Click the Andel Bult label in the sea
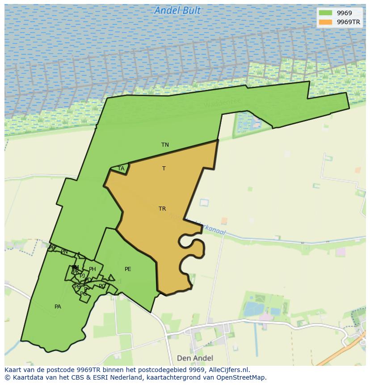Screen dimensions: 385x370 [x=177, y=11]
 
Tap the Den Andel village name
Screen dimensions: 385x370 [x=195, y=358]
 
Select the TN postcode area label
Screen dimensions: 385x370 [x=165, y=144]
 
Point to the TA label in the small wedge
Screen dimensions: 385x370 [x=121, y=169]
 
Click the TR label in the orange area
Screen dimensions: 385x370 [x=162, y=209]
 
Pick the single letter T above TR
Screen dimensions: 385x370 [x=164, y=169]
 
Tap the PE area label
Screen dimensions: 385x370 [x=128, y=269]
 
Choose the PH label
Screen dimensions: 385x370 [x=92, y=269]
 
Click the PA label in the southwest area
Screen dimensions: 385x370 [x=58, y=307]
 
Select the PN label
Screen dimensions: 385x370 [x=64, y=252]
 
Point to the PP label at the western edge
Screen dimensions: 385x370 [x=52, y=247]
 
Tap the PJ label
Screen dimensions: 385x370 [x=82, y=276]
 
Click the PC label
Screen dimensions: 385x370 [x=102, y=286]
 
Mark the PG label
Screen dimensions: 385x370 [x=84, y=294]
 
